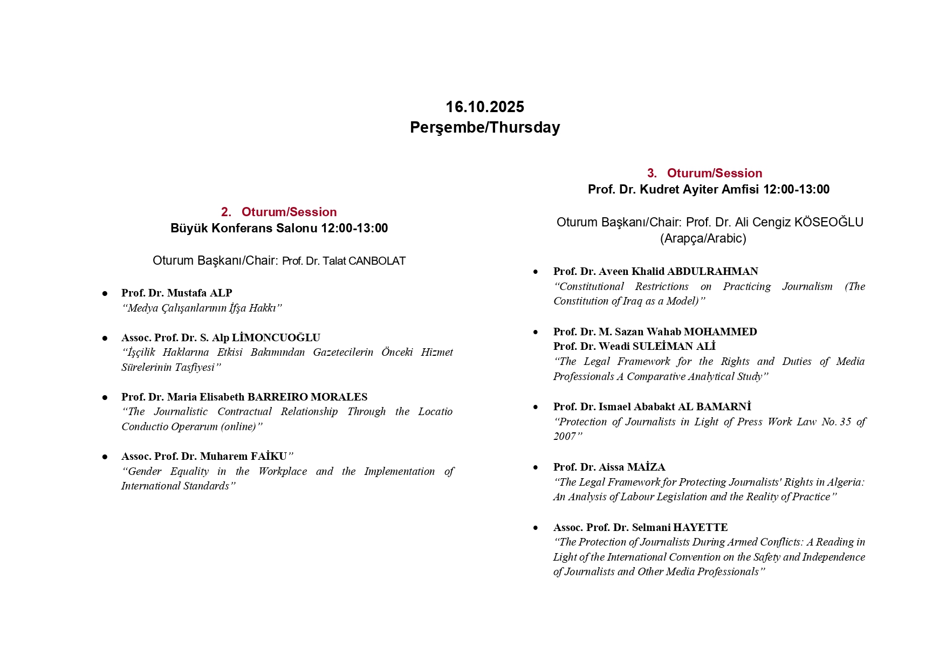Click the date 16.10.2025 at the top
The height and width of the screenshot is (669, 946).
click(x=484, y=107)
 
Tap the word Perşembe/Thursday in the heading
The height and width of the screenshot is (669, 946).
click(x=484, y=127)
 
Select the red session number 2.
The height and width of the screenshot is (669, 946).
click(x=225, y=212)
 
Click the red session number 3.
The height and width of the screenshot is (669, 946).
click(x=652, y=173)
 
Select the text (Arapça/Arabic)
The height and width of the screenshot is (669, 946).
click(x=703, y=238)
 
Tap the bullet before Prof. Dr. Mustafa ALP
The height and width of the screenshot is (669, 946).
click(x=105, y=293)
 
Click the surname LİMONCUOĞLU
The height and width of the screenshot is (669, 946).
click(x=276, y=337)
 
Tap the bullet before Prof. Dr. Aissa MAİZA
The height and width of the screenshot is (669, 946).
click(x=535, y=467)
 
